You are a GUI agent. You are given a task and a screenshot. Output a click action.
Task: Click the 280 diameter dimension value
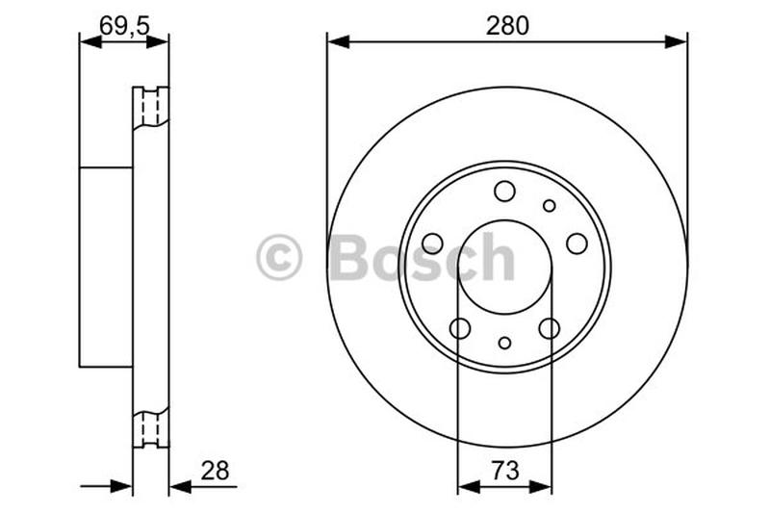pos(506,26)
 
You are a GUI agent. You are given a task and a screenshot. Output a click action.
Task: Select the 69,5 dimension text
pos(124,26)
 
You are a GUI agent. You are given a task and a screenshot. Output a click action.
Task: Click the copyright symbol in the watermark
pos(279,259)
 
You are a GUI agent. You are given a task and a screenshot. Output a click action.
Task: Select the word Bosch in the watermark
pos(423,258)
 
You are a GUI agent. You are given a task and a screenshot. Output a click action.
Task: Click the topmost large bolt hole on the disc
pos(504,192)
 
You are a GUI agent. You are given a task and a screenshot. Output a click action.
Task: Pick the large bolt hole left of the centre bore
pos(432,244)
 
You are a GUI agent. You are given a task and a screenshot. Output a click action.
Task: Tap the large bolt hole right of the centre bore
pos(577,244)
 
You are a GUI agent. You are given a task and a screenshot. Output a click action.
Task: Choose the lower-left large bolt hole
pos(460,328)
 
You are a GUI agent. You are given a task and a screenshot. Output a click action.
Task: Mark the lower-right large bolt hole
pos(549,328)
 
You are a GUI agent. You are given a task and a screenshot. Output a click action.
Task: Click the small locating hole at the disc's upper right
pos(549,205)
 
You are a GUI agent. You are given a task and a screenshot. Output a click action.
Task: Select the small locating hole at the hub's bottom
pos(504,343)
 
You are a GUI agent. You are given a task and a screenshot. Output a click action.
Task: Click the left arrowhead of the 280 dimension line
pos(336,40)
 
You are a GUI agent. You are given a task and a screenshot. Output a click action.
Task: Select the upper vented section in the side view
pos(150,109)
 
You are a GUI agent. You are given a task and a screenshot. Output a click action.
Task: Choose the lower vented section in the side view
pos(150,426)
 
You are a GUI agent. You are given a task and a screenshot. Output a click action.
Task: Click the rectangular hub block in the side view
pos(106,267)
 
